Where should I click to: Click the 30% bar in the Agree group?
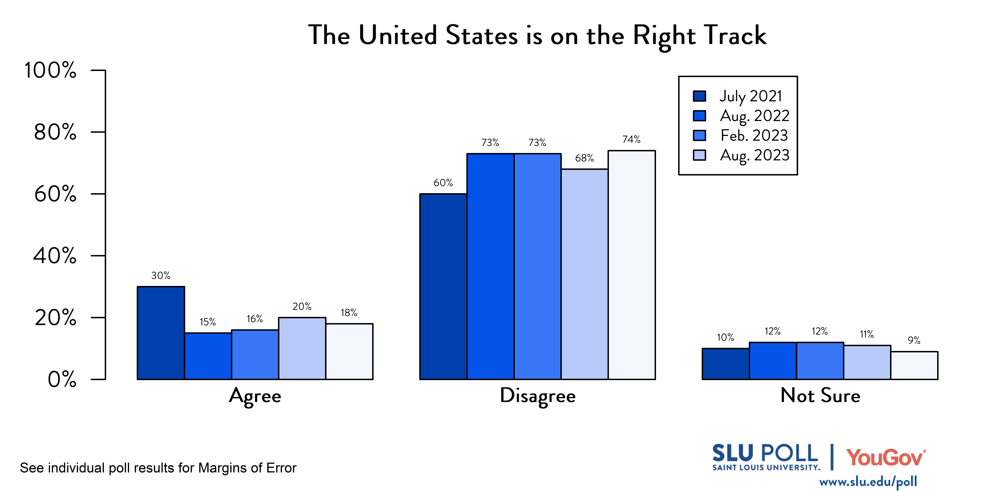point(161,333)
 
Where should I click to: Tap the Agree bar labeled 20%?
point(302,348)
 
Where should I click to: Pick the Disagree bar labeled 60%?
point(443,287)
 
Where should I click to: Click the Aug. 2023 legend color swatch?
point(699,155)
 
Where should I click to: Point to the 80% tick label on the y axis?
point(55,132)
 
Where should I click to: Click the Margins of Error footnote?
point(158,468)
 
